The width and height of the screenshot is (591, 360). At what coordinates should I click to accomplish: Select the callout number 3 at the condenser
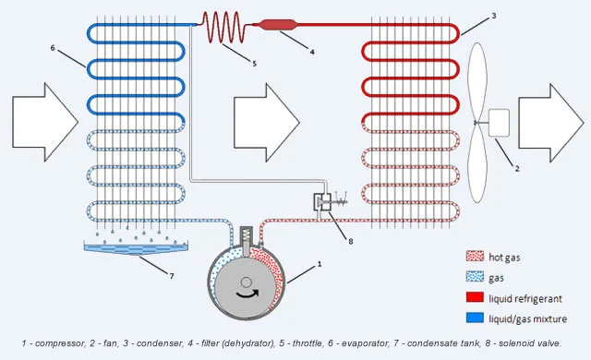[494, 16]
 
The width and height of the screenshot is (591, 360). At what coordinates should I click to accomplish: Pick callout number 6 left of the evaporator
[54, 47]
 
